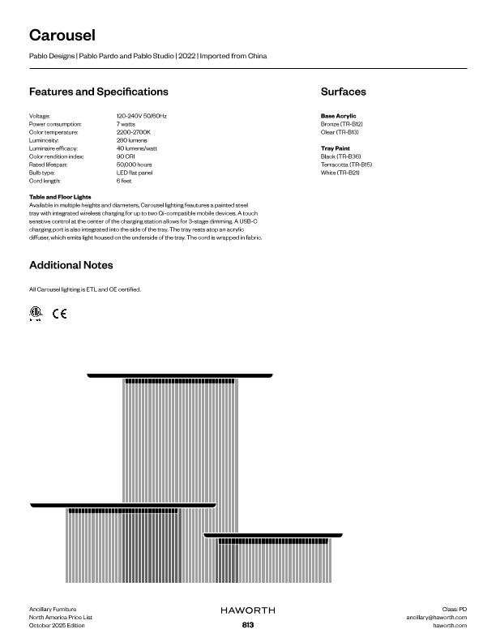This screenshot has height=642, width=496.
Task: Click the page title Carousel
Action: (x=62, y=35)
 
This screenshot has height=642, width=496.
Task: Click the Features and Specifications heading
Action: (x=99, y=92)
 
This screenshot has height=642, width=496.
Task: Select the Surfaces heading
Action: (x=343, y=92)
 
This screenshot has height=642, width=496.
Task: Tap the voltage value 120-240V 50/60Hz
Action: (x=142, y=117)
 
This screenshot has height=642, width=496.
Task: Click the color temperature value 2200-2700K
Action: (x=134, y=131)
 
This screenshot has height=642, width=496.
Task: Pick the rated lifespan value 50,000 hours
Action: (x=135, y=165)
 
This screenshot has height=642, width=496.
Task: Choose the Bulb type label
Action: (x=42, y=173)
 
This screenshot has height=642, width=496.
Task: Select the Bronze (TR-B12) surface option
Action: (x=342, y=124)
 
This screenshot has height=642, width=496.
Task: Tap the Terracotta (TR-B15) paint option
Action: (x=346, y=165)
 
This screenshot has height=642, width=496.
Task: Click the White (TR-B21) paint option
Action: (x=340, y=173)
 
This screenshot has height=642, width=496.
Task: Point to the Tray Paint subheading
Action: (x=336, y=148)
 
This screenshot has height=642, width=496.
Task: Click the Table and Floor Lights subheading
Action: (x=60, y=197)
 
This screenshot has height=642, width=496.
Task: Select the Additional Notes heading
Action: (x=71, y=265)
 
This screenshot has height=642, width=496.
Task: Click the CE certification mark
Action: (x=59, y=314)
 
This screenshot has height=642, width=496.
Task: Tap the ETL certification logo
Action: (x=35, y=314)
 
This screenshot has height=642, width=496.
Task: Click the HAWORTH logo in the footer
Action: (x=248, y=609)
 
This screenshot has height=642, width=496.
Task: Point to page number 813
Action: (x=248, y=625)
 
